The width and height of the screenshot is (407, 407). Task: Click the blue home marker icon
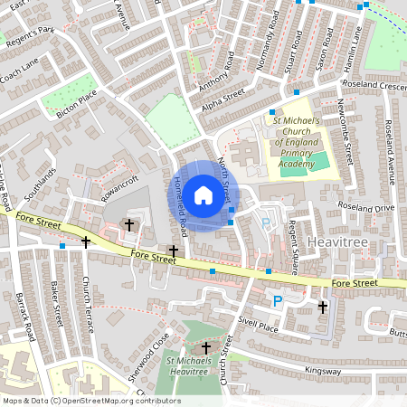(203, 195)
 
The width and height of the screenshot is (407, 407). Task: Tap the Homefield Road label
(178, 203)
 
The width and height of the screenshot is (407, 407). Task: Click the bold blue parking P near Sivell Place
(278, 301)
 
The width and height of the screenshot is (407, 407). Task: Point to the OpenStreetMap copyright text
(91, 401)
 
